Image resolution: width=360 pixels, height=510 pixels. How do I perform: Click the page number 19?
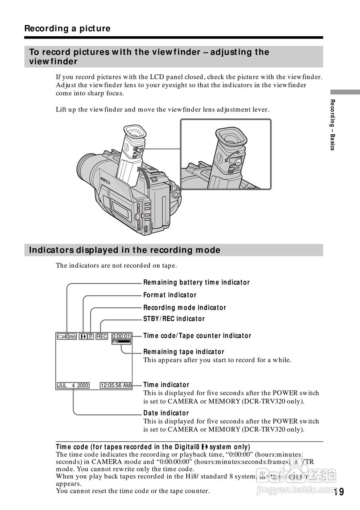coord(338,492)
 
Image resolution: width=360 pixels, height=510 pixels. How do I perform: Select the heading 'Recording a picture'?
coord(67,28)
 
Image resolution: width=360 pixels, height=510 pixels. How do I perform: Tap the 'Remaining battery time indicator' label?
coord(196,282)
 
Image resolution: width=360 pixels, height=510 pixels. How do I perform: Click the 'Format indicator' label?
coord(170,295)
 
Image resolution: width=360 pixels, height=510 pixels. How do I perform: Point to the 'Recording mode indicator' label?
coord(185,308)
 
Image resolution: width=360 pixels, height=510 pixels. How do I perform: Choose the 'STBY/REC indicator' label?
coord(174,319)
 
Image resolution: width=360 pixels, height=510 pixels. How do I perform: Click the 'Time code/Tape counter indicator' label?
coord(197,335)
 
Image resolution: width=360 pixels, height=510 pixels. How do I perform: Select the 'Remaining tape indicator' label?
coord(184,352)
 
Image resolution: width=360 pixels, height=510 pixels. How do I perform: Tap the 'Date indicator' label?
coord(166,413)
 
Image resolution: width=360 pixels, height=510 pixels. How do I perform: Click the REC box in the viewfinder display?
coord(102,337)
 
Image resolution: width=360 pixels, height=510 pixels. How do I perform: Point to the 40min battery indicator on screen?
coord(67,337)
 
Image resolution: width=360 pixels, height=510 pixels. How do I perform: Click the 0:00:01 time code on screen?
coord(121,337)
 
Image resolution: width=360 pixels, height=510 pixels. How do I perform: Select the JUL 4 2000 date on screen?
coord(73,385)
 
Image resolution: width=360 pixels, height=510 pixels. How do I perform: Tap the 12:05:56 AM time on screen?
coord(115,385)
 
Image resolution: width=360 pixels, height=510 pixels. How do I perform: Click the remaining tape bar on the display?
coord(121,342)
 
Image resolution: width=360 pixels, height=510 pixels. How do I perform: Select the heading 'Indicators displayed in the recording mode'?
coord(125,250)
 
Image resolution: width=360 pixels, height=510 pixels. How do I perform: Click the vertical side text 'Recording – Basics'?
coord(332,124)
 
